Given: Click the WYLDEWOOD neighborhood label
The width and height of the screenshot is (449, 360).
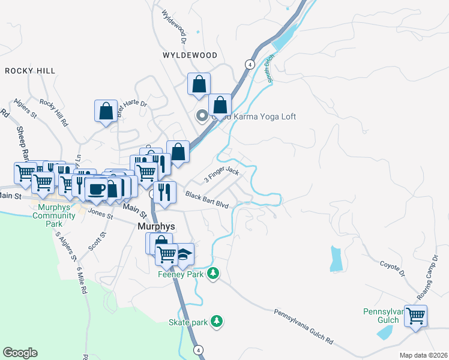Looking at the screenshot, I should pyautogui.click(x=190, y=55).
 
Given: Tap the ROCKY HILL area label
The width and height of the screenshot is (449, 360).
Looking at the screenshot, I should pyautogui.click(x=30, y=71).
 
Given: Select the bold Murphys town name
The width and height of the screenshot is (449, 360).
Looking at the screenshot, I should pyautogui.click(x=157, y=227).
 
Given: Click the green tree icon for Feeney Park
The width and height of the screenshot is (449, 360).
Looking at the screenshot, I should pyautogui.click(x=212, y=274).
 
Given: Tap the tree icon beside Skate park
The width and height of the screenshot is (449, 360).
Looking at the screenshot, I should pyautogui.click(x=217, y=322).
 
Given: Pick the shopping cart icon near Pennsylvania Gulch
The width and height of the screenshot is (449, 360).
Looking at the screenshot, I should pyautogui.click(x=415, y=315).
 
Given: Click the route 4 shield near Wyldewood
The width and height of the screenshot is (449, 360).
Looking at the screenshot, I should pyautogui.click(x=249, y=64).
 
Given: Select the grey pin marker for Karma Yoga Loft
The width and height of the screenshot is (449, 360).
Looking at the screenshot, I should pyautogui.click(x=203, y=116).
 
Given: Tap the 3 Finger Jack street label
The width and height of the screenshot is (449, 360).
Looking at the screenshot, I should pyautogui.click(x=221, y=176).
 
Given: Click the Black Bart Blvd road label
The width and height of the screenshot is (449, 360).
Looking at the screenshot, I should pyautogui.click(x=207, y=200).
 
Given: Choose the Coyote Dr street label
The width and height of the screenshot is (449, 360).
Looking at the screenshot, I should pyautogui.click(x=393, y=268).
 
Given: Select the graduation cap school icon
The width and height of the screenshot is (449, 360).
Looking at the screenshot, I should pyautogui.click(x=185, y=254).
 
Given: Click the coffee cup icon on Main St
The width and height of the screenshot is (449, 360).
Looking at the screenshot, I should pyautogui.click(x=96, y=189).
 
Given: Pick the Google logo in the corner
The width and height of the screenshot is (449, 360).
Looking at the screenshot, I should pyautogui.click(x=20, y=353).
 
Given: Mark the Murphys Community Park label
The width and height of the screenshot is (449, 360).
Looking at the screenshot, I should pyautogui.click(x=55, y=215).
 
